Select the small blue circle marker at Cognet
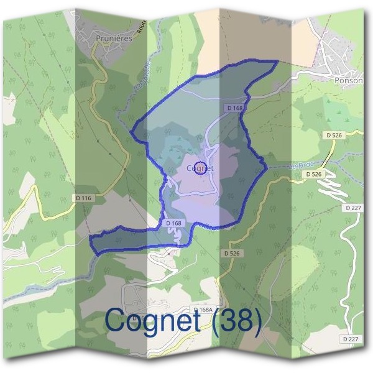200,167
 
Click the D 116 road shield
84,198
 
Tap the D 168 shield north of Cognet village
234,108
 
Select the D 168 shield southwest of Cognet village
173,223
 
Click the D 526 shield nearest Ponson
333,134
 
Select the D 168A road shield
203,310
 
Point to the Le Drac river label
298,167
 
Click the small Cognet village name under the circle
200,168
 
